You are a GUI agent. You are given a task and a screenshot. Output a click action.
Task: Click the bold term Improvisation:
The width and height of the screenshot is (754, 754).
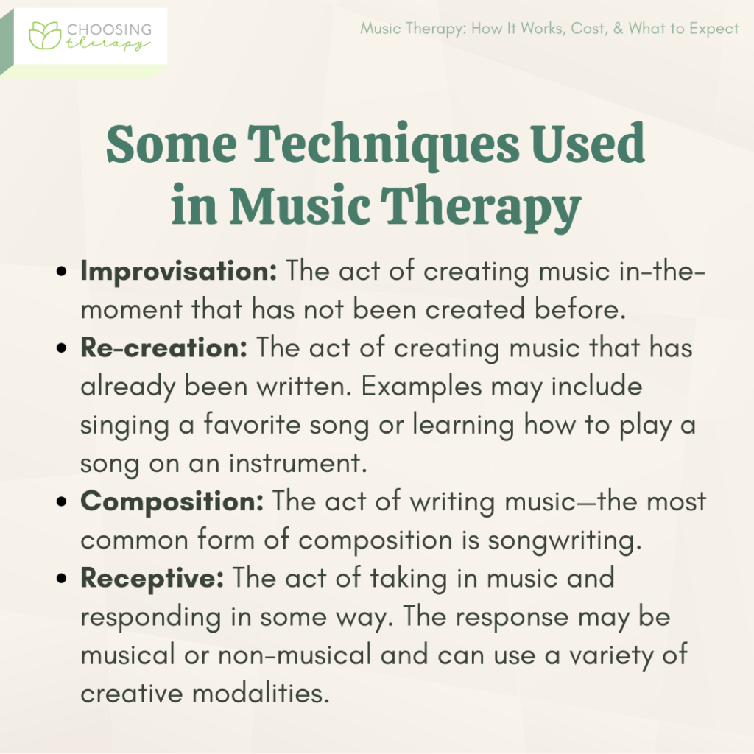pyautogui.click(x=179, y=270)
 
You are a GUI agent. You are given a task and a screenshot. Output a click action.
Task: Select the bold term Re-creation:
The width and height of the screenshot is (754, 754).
pyautogui.click(x=163, y=347)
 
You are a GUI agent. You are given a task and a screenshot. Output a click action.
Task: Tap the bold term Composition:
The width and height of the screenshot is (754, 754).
pyautogui.click(x=172, y=501)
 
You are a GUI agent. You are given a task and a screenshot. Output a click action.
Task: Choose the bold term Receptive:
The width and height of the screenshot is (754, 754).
pyautogui.click(x=152, y=578)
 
